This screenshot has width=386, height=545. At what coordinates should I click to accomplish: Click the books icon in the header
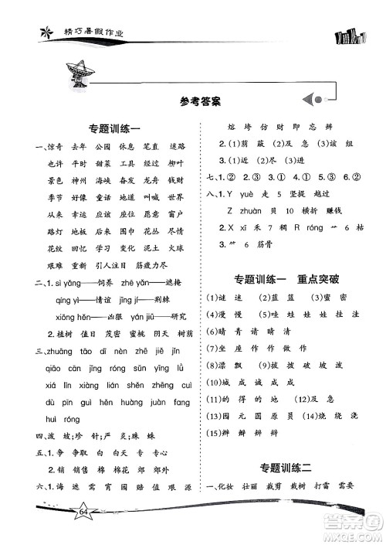tap(355, 33)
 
